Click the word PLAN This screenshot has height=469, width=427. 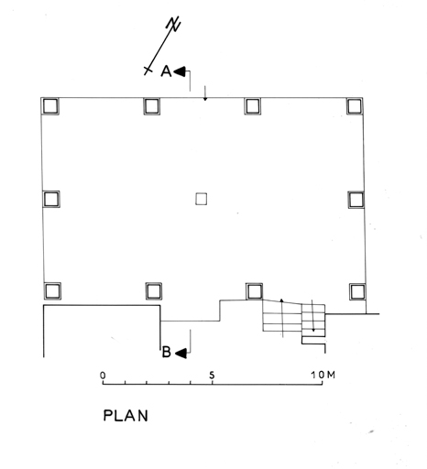(126, 416)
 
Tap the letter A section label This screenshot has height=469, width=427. (166, 71)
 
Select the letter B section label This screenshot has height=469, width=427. (166, 352)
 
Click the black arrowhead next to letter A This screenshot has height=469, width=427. (180, 71)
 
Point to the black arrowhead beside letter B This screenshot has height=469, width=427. (181, 354)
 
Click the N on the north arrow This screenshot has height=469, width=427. (173, 24)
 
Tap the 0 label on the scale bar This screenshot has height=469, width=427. (103, 375)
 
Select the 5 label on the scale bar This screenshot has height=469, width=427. (212, 375)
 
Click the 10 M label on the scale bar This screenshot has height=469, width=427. (323, 375)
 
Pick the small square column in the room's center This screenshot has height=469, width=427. (201, 199)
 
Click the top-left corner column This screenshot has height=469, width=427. (50, 106)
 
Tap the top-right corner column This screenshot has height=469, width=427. (355, 106)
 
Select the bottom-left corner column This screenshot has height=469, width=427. (52, 291)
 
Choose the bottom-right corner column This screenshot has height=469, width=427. (357, 292)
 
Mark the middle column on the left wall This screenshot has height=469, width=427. (51, 199)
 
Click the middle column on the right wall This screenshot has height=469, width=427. (356, 200)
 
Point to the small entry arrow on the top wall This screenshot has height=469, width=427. (205, 93)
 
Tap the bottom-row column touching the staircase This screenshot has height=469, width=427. (254, 291)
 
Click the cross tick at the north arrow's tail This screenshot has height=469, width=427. (148, 71)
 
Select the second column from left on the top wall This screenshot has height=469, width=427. (152, 106)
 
